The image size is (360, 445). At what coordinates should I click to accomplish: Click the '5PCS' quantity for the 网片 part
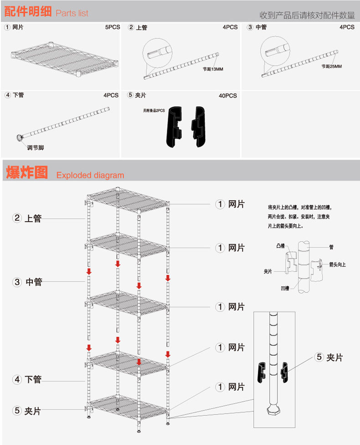coord(113,27)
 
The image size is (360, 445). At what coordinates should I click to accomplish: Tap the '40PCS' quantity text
coord(228,96)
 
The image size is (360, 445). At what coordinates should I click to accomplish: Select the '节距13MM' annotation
coord(214,70)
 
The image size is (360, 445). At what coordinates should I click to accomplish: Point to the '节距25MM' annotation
coord(331,67)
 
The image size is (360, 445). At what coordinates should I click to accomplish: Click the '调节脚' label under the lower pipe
coord(36,147)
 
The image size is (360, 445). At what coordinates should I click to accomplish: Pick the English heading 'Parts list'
coord(72,13)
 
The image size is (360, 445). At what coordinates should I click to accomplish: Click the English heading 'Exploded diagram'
coord(90,175)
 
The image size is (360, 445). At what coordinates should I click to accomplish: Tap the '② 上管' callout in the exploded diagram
coord(27,218)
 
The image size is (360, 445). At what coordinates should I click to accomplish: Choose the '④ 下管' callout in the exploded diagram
coord(27,379)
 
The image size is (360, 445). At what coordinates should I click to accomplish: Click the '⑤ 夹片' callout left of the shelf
coord(27,411)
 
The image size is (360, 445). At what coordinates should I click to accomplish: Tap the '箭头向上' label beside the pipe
coord(337,264)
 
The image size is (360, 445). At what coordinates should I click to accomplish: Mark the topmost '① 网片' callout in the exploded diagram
coord(230,204)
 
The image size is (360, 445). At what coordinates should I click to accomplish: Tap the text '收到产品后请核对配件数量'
coord(307,16)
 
